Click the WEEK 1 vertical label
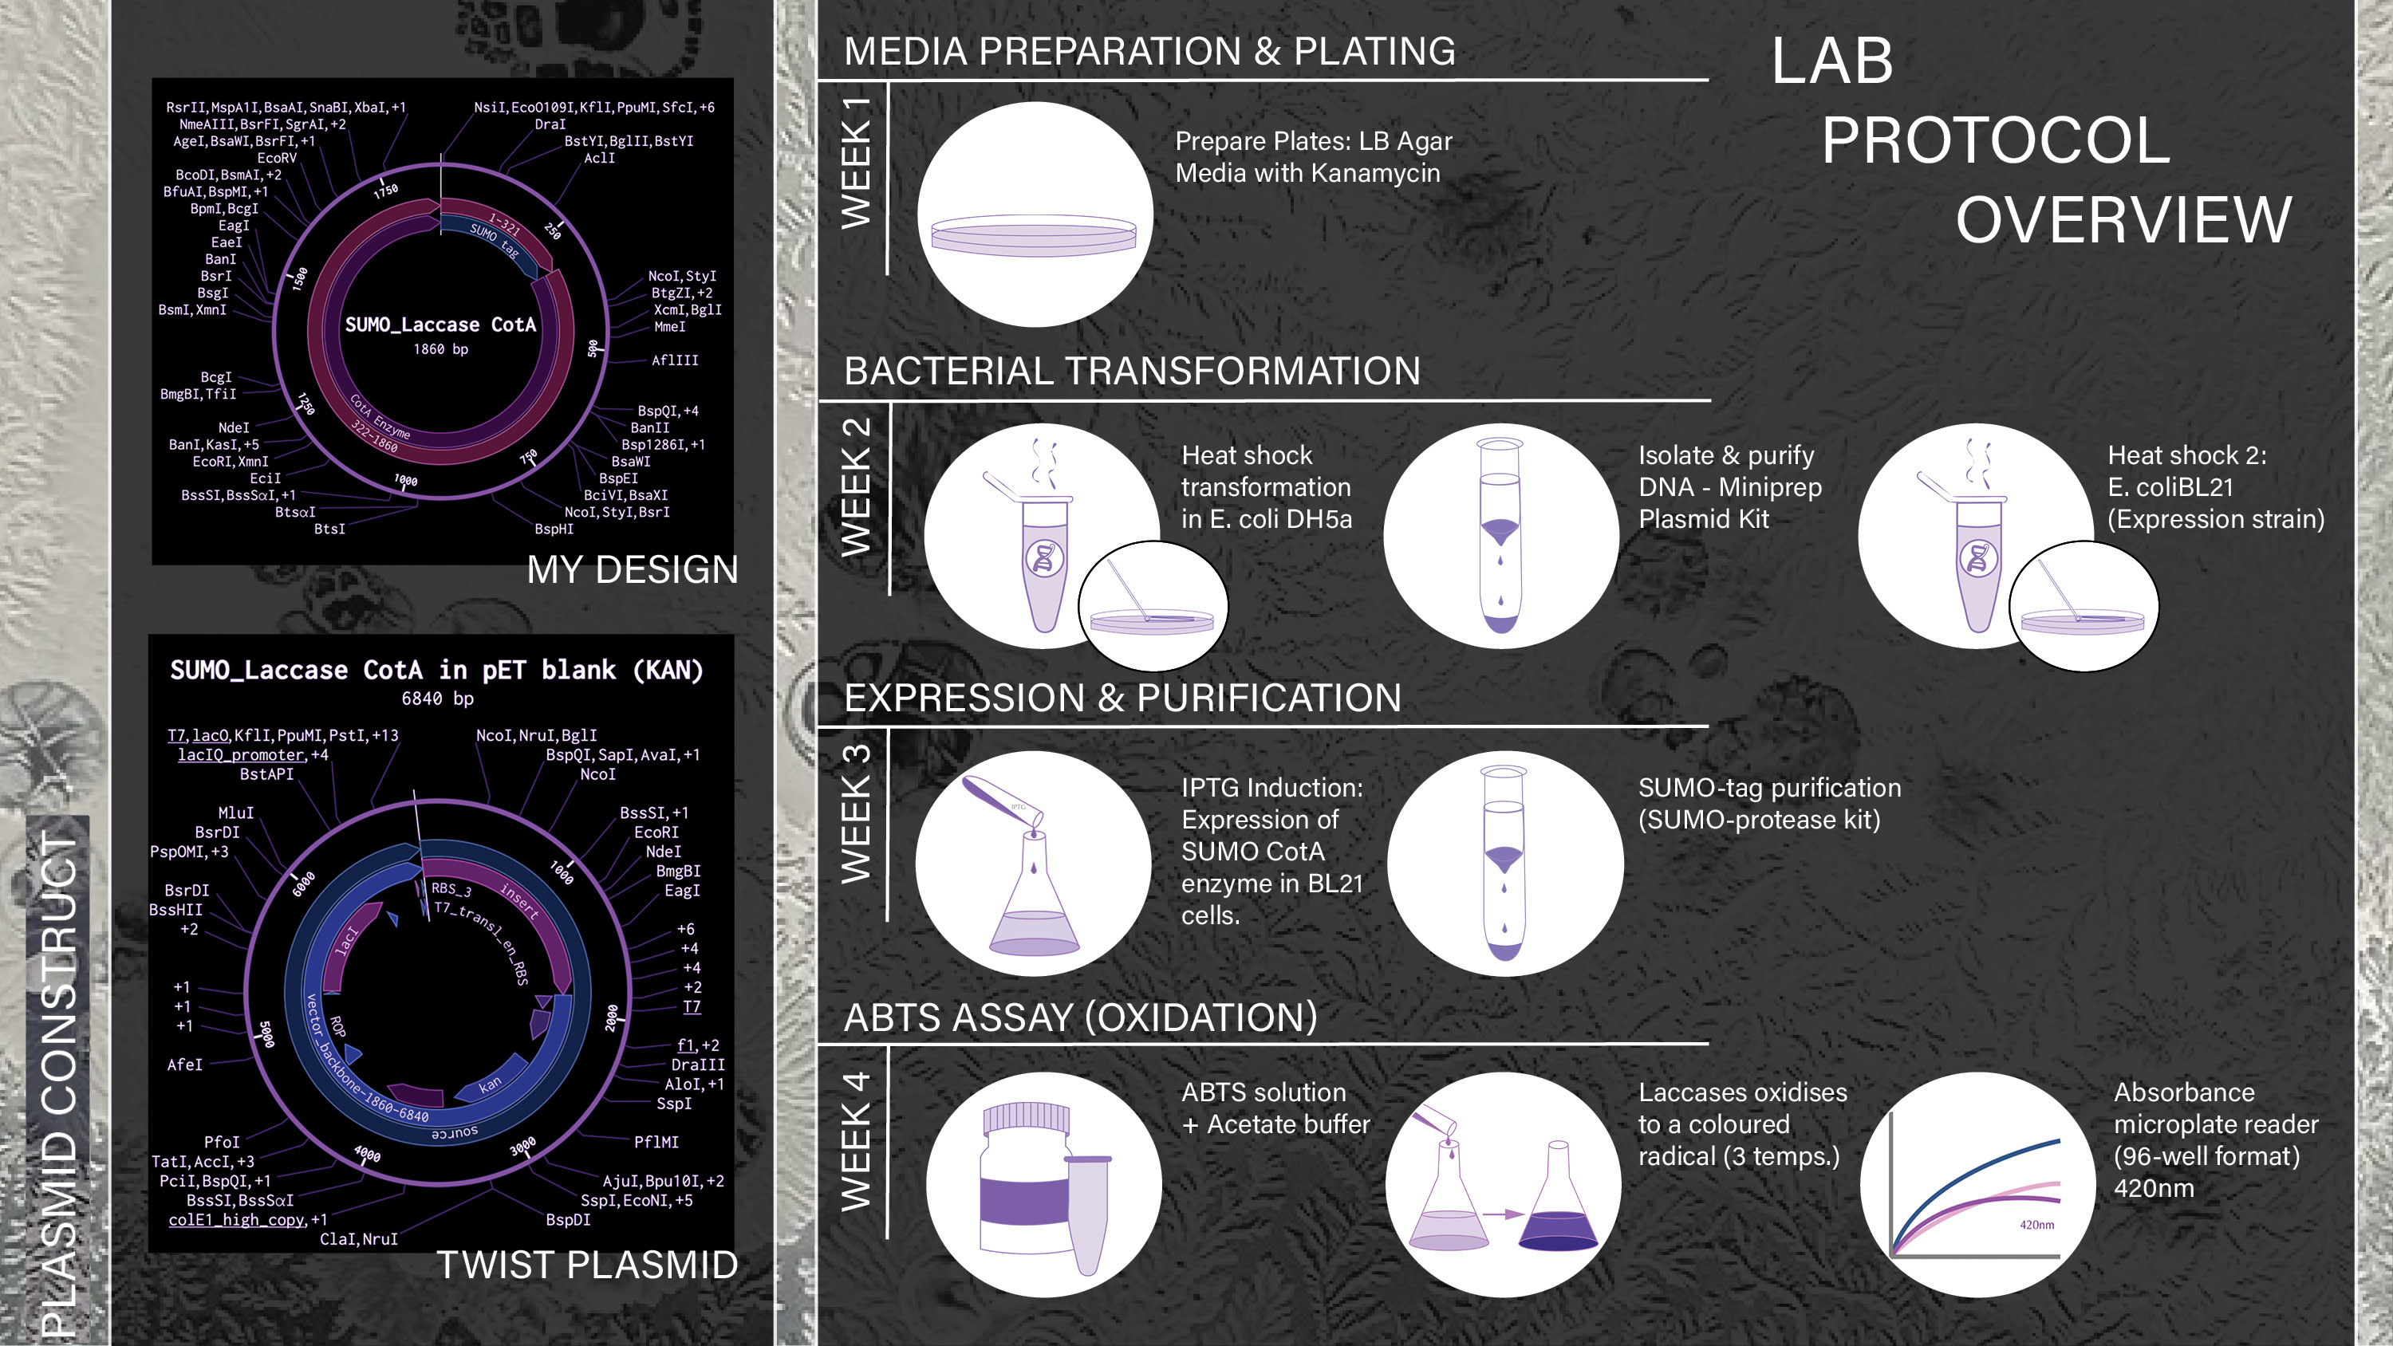point(856,162)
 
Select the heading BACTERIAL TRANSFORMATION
point(1131,371)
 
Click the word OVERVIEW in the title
point(2123,220)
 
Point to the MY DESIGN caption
point(633,569)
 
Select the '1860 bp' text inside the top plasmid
point(440,349)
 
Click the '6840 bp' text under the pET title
point(438,699)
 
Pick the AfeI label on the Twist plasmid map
point(184,1065)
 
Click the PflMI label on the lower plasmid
point(656,1142)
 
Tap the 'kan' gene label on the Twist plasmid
point(490,1084)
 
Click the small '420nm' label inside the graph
point(2036,1226)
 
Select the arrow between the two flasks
point(1502,1214)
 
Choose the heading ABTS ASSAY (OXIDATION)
point(1080,1017)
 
